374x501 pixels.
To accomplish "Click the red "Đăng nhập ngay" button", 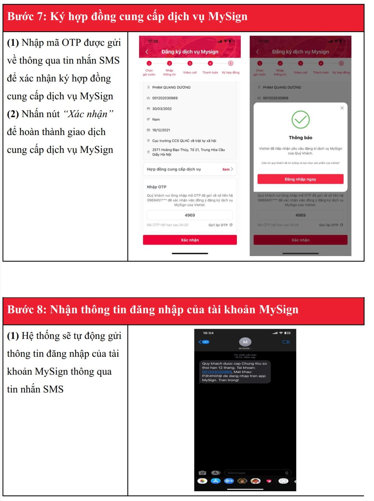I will (300, 179).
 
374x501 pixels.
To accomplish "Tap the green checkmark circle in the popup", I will (300, 119).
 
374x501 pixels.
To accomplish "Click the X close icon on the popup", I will (342, 108).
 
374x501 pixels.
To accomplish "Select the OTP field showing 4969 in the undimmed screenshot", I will (190, 215).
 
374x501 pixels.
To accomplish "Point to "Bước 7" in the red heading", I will (27, 17).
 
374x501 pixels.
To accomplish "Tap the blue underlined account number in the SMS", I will (217, 372).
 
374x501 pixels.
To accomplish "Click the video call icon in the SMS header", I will (286, 342).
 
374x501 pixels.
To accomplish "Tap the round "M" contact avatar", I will (245, 342).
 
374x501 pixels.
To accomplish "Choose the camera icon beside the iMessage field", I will (202, 473).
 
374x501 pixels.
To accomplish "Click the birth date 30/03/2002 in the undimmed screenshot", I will (162, 109).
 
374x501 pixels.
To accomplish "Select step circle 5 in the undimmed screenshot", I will (231, 63).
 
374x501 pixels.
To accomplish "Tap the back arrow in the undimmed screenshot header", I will (147, 52).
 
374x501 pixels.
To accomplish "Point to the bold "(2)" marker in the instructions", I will (13, 114).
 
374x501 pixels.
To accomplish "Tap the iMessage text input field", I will (254, 473).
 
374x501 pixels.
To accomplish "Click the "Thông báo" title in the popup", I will (300, 138).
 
